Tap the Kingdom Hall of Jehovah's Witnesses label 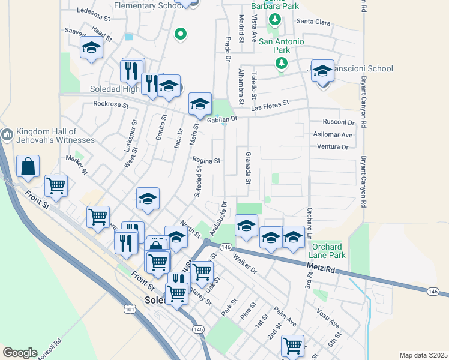click(x=48, y=136)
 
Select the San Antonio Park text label click(x=282, y=46)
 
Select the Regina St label click(x=207, y=161)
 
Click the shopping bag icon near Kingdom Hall click(x=28, y=166)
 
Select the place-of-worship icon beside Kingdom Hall click(x=8, y=134)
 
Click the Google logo click(x=20, y=352)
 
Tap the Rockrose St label click(x=111, y=104)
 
